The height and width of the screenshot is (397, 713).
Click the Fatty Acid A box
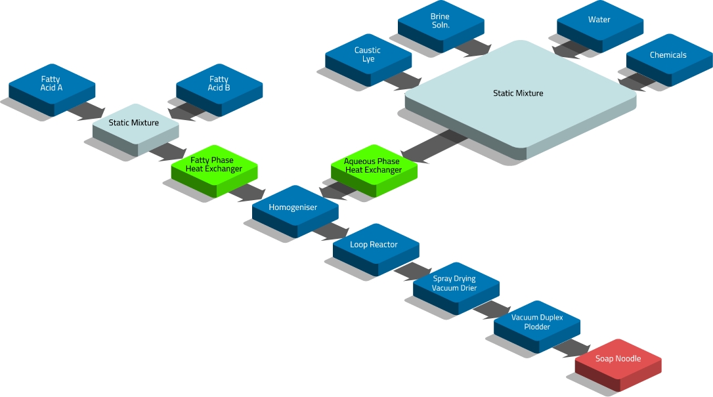51,84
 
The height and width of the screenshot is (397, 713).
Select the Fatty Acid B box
219,84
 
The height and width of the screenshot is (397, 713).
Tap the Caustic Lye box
368,54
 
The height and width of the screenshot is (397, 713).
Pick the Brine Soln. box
440,20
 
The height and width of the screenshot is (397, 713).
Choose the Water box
599,20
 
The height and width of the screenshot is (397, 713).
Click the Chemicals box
668,55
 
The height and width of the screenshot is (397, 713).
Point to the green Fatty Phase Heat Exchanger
214,165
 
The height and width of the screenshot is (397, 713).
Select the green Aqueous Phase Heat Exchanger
374,165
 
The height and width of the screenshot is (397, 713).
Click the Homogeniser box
293,208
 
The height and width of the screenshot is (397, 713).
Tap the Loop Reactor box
374,245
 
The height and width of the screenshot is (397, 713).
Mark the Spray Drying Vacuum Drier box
455,283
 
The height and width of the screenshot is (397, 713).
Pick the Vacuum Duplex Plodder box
536,322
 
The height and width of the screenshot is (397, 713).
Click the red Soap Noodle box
617,359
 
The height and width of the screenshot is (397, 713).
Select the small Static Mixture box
134,123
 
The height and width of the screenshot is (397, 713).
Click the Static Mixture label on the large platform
518,93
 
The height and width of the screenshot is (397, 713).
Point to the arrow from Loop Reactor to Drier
412,270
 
